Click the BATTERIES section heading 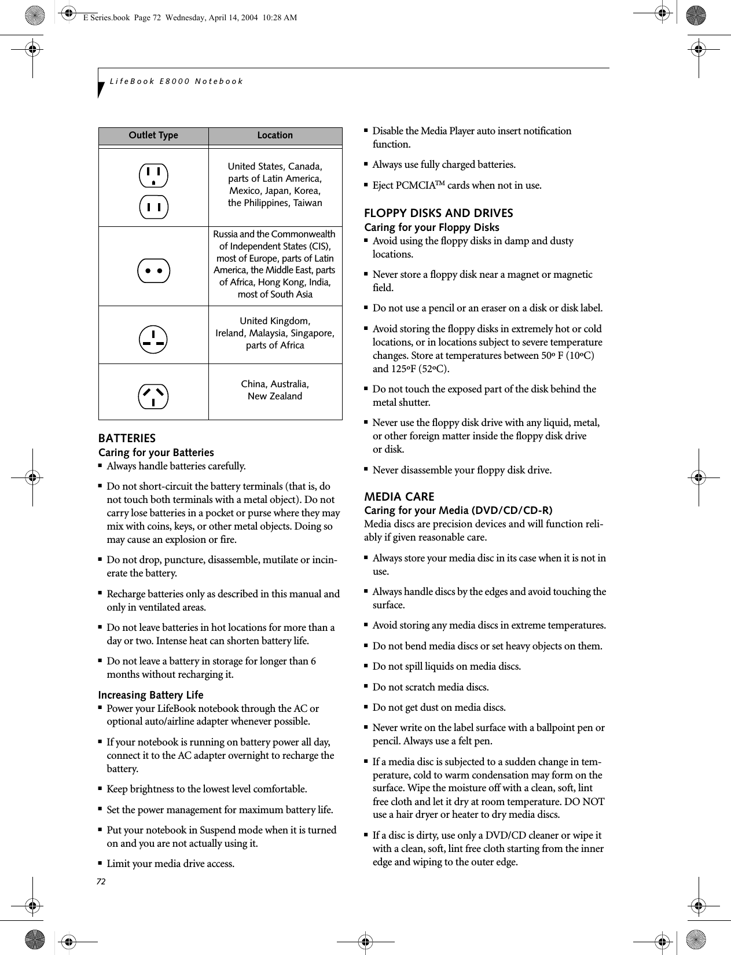pyautogui.click(x=127, y=438)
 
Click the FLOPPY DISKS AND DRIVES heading pyautogui.click(x=438, y=213)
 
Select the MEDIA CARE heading pyautogui.click(x=399, y=497)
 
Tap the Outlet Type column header pyautogui.click(x=153, y=135)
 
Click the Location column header pyautogui.click(x=275, y=135)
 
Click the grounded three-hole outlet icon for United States pyautogui.click(x=153, y=175)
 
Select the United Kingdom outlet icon pyautogui.click(x=153, y=339)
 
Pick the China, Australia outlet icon pyautogui.click(x=153, y=396)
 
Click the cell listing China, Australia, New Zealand pyautogui.click(x=275, y=390)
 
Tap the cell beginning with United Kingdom pyautogui.click(x=275, y=333)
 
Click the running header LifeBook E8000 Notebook pyautogui.click(x=177, y=81)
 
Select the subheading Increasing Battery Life pyautogui.click(x=150, y=695)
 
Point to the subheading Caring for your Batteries pyautogui.click(x=156, y=453)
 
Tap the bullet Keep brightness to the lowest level pyautogui.click(x=207, y=789)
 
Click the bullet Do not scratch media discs pyautogui.click(x=430, y=687)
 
